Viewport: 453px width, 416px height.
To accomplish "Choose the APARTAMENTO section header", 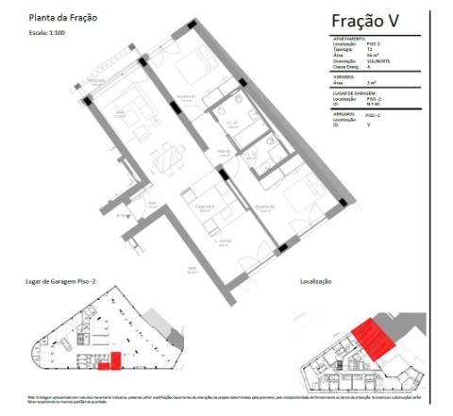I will pyautogui.click(x=348, y=39).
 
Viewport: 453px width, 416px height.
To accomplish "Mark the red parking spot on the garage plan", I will pyautogui.click(x=116, y=360).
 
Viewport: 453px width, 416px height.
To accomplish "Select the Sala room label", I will pyautogui.click(x=120, y=110).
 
